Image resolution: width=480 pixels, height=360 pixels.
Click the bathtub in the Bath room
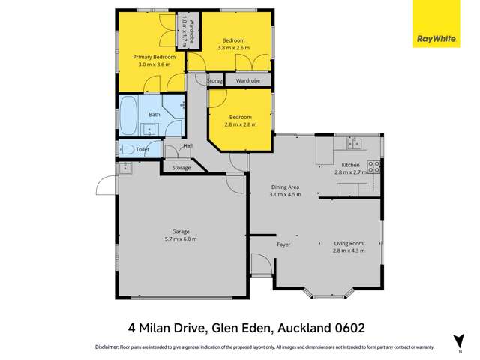pos(129,114)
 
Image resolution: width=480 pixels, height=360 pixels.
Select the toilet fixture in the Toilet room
pos(127,149)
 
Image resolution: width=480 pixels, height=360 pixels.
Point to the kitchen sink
pos(352,142)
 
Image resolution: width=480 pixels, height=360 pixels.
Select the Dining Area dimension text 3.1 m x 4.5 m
pos(285,194)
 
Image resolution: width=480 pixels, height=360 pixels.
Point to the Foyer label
pos(283,244)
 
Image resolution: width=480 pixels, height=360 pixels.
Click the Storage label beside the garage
pos(181,168)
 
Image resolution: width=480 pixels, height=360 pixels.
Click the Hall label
pos(188,145)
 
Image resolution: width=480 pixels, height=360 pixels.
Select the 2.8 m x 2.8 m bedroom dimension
pos(240,124)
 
